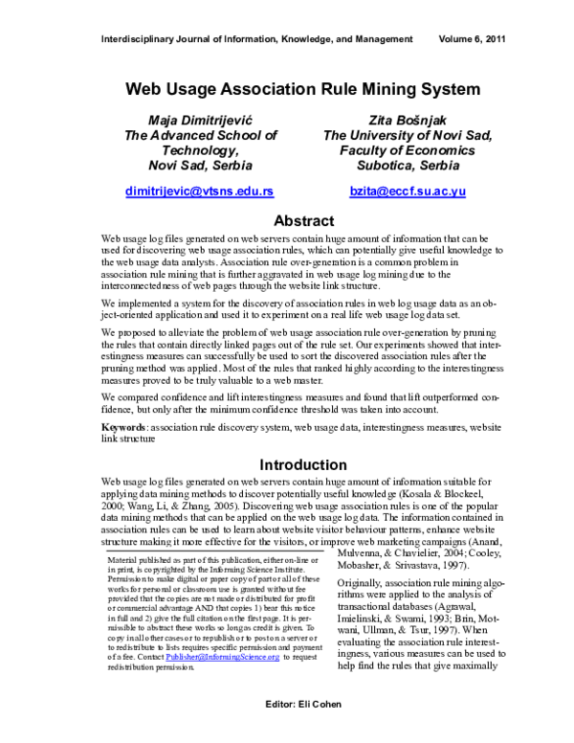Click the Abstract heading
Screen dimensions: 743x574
point(303,220)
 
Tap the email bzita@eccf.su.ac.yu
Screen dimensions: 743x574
point(408,191)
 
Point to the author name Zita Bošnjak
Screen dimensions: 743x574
point(408,120)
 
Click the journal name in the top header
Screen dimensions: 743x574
point(256,39)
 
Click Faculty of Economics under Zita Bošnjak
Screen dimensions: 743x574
point(408,150)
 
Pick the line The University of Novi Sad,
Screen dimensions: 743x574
point(408,135)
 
